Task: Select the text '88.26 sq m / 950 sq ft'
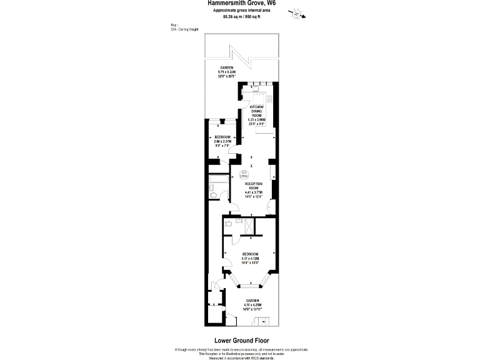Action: [x=241, y=17]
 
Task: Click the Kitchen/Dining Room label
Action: [x=257, y=115]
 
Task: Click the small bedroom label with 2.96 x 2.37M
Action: [x=222, y=139]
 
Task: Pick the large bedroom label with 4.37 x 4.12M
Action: [x=250, y=258]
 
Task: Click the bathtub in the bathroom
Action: [x=219, y=184]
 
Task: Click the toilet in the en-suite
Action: [x=229, y=222]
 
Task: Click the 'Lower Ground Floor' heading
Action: [x=241, y=340]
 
